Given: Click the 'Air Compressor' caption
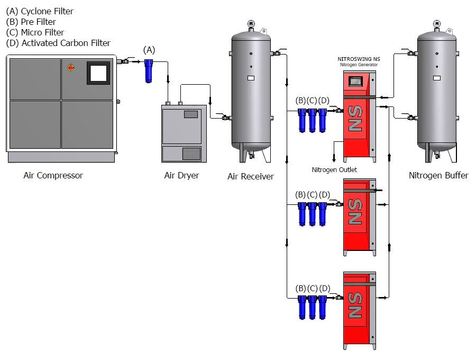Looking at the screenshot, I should click(53, 175).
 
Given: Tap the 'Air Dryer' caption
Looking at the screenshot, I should click(181, 175).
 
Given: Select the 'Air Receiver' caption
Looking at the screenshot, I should click(251, 176).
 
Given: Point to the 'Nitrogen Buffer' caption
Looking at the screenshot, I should click(438, 175).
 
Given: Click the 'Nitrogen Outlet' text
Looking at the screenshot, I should click(334, 169).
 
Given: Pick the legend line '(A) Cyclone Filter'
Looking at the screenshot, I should click(40, 11).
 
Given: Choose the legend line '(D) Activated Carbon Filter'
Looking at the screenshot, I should click(58, 43).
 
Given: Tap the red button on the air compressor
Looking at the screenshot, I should click(71, 67).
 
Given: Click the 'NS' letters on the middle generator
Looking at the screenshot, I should click(355, 212).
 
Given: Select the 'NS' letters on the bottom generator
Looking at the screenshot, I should click(355, 305).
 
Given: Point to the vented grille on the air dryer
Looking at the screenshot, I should click(191, 153).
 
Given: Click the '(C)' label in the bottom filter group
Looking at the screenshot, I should click(313, 288).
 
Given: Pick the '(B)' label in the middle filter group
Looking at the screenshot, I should click(300, 194).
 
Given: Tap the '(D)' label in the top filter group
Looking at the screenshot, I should click(324, 101).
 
